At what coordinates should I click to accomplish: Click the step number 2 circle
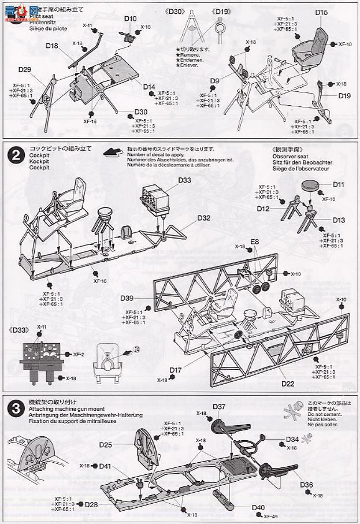tap(15, 154)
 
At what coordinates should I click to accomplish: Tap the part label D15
tap(322, 12)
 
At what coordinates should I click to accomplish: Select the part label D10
tap(130, 18)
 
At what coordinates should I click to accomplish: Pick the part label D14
tap(150, 87)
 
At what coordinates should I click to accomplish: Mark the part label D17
tap(176, 370)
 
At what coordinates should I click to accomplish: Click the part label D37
tap(219, 407)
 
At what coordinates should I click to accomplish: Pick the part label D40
tap(258, 508)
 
